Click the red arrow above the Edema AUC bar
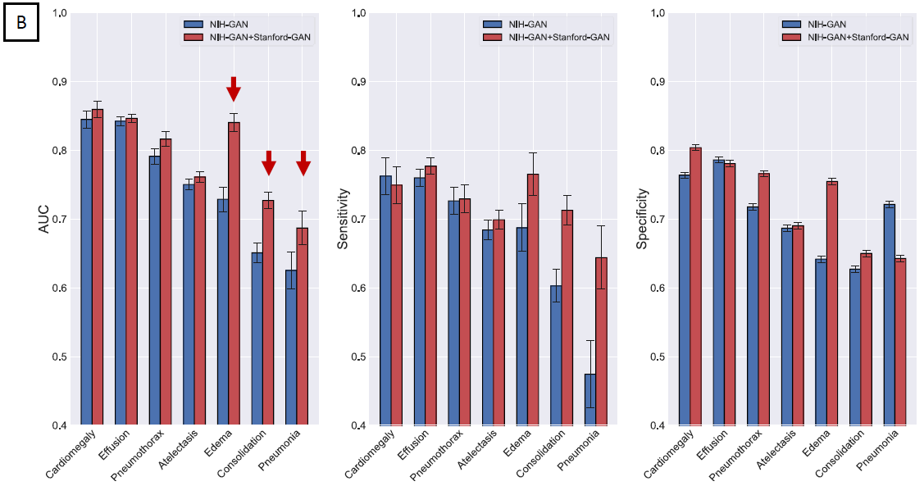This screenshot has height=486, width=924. tap(234, 88)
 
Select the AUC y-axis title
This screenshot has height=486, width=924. tap(44, 219)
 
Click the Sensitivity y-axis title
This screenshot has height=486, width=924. tap(344, 219)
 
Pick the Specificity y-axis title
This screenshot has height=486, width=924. tap(643, 219)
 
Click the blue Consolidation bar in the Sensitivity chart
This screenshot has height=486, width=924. tap(555, 356)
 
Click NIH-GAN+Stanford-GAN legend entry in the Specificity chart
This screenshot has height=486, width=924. tap(858, 37)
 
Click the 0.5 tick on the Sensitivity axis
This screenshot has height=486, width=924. tap(358, 357)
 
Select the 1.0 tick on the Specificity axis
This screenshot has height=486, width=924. tap(657, 13)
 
